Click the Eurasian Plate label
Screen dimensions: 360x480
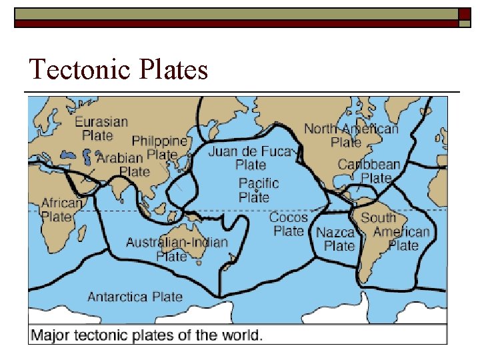click(x=101, y=129)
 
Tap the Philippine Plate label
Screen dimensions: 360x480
click(x=160, y=147)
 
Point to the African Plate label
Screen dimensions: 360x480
click(x=61, y=209)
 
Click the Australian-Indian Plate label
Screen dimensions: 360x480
click(x=177, y=249)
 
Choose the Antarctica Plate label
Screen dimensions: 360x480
click(x=135, y=297)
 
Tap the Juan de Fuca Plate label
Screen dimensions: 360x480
click(x=250, y=158)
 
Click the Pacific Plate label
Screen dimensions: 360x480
click(x=259, y=190)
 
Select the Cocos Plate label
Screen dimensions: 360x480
click(x=289, y=224)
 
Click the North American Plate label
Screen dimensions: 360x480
click(x=351, y=135)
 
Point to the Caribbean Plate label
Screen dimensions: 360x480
click(x=369, y=171)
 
